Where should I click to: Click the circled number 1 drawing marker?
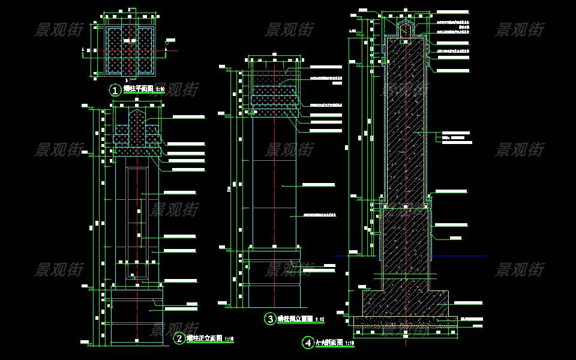(115, 91)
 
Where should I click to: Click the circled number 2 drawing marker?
(179, 339)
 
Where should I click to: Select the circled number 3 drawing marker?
(271, 319)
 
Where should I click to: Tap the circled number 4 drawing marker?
(308, 343)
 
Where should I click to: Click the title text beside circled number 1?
(137, 89)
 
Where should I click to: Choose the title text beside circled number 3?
(295, 319)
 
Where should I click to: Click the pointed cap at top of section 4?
(406, 26)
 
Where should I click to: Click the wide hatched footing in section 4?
(405, 303)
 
